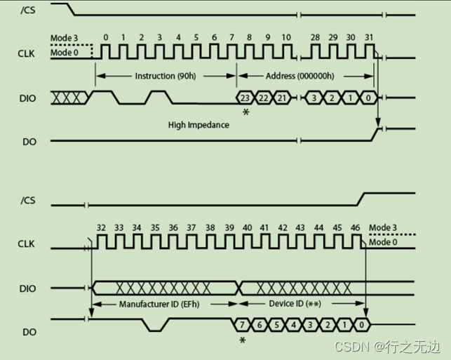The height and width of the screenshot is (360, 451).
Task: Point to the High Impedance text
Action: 198,125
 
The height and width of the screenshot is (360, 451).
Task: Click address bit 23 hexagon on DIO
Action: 245,98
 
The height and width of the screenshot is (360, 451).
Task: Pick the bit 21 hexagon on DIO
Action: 281,98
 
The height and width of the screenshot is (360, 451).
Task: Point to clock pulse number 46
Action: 355,227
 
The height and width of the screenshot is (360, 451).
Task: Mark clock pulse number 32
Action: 101,227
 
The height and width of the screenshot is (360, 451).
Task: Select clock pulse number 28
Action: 316,36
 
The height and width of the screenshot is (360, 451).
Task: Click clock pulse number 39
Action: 229,227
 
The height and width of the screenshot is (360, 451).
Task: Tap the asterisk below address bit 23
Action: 245,112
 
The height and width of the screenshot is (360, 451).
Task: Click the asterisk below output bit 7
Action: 243,340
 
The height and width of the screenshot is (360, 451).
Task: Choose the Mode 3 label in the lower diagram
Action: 384,227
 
